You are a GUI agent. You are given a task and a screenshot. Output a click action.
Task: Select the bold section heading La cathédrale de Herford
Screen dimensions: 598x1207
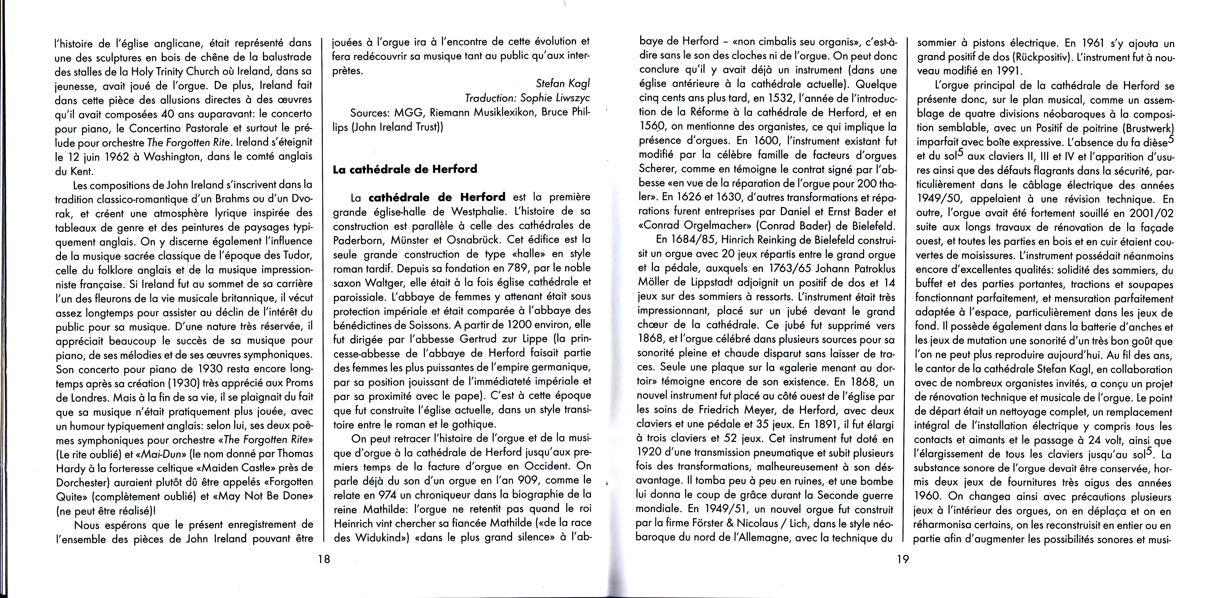[405, 169]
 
